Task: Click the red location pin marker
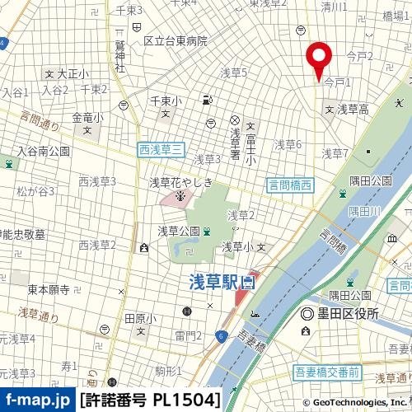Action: (318, 59)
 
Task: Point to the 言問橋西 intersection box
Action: (290, 186)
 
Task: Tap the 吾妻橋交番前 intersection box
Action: (326, 373)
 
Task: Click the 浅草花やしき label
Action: (180, 182)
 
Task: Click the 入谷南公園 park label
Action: (44, 152)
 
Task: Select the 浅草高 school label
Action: (352, 109)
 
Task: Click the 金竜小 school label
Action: (87, 118)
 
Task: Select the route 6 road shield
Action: (222, 335)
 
